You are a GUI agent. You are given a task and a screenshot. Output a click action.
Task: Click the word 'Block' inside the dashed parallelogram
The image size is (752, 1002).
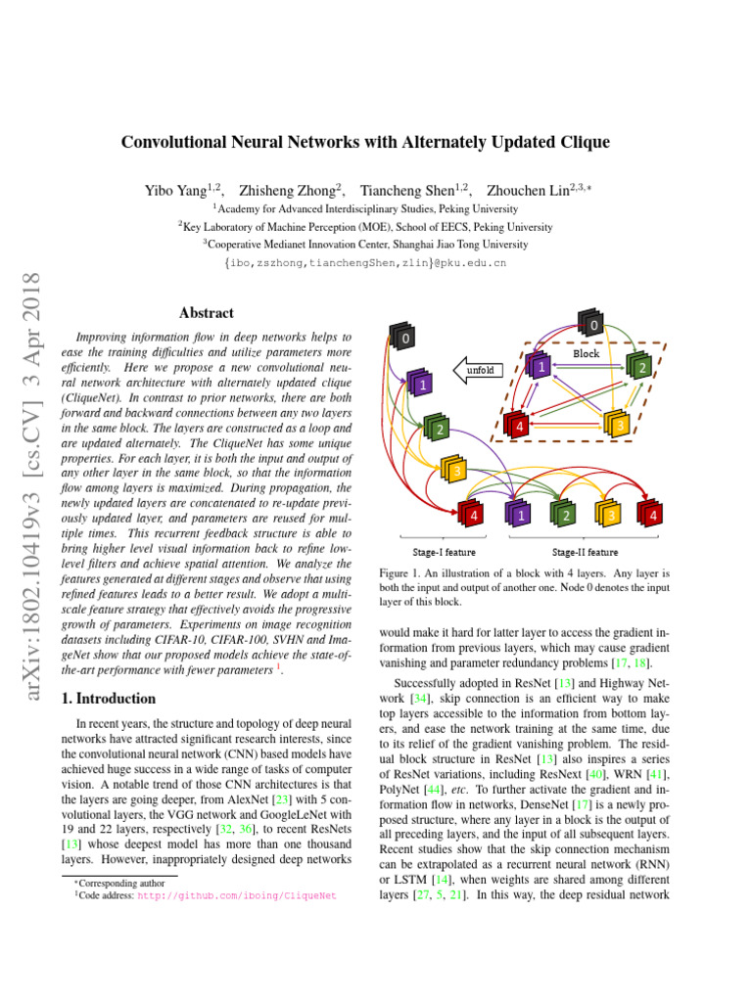click(587, 353)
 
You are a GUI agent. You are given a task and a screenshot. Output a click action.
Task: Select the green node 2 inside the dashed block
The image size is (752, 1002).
click(639, 367)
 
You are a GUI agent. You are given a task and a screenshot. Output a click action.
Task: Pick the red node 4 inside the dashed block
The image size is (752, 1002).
click(518, 426)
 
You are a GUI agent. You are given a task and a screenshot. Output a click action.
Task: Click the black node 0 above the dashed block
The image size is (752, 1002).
click(591, 322)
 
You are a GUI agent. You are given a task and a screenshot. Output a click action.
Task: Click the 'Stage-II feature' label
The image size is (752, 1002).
click(585, 552)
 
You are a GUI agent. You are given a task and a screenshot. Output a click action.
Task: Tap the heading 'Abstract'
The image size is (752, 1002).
click(206, 313)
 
